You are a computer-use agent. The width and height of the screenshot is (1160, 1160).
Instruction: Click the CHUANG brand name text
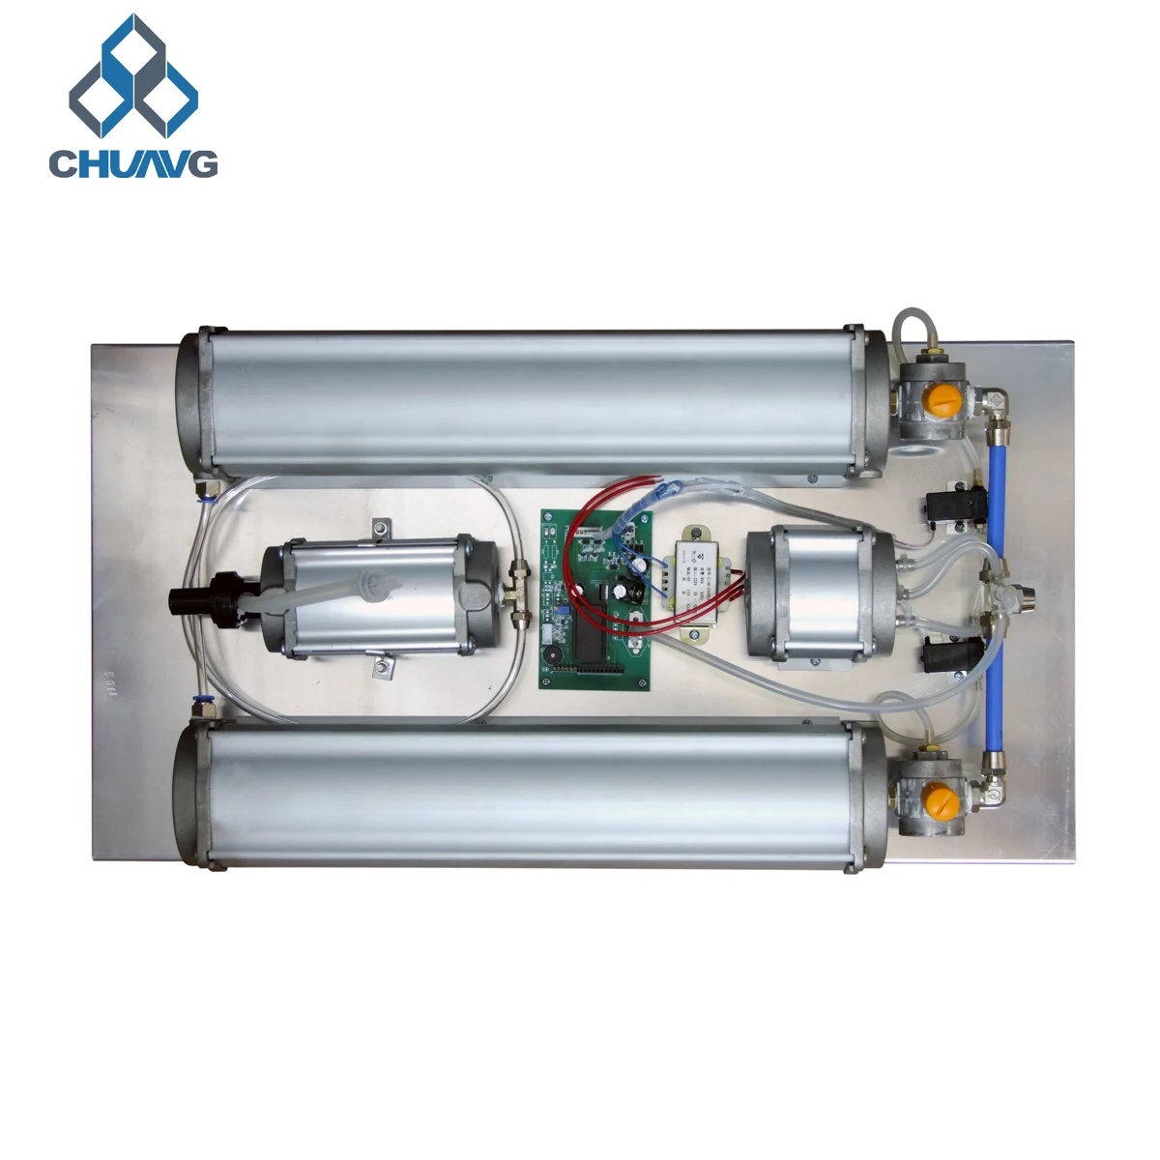pos(133,163)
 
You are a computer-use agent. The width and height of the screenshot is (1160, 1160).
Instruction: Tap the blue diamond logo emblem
pos(133,77)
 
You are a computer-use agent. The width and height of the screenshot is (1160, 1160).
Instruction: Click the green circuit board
pos(594,599)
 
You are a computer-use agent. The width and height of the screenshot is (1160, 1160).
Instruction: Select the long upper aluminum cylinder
pos(532,401)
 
